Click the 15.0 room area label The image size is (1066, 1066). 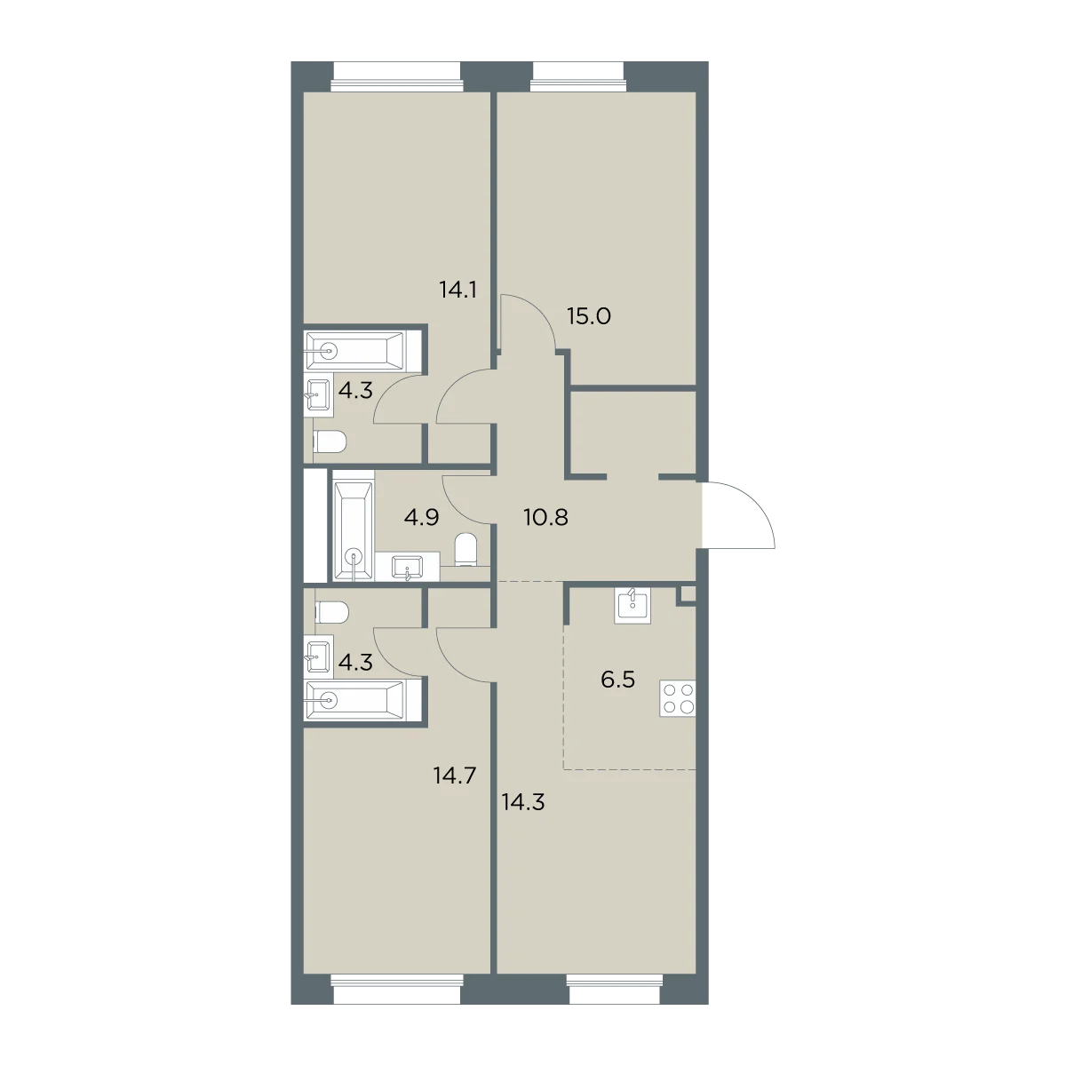[589, 317]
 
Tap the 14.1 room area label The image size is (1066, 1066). [457, 290]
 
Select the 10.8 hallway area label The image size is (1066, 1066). [545, 518]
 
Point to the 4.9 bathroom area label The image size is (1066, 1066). [422, 518]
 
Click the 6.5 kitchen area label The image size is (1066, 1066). [617, 680]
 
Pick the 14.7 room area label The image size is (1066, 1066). [455, 776]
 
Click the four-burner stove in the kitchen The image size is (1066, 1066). [678, 699]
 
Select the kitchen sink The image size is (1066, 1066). [632, 606]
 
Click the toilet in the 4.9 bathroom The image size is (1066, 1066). [465, 550]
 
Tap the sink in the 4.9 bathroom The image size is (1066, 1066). [407, 568]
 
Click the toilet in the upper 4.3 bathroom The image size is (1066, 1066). [330, 442]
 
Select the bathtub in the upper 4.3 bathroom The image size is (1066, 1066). [356, 351]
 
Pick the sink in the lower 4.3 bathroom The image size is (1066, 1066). [319, 656]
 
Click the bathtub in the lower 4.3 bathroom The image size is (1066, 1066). [356, 700]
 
